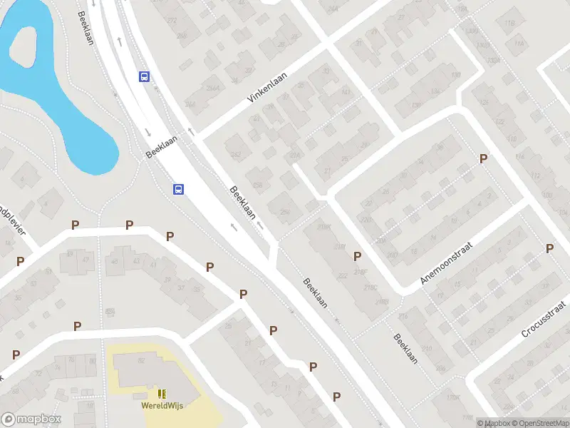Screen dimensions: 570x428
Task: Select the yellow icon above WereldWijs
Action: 161,394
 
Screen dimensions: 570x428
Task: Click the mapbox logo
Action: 31,419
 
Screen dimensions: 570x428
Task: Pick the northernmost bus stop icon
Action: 144,77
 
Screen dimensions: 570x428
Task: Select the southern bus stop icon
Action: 178,189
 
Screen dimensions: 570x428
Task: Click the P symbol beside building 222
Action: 358,256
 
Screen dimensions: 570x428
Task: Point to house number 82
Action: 141,361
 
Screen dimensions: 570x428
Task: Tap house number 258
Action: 257,185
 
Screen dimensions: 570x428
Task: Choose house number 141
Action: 346,93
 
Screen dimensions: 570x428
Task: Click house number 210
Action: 426,349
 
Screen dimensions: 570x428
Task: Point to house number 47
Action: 86,259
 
